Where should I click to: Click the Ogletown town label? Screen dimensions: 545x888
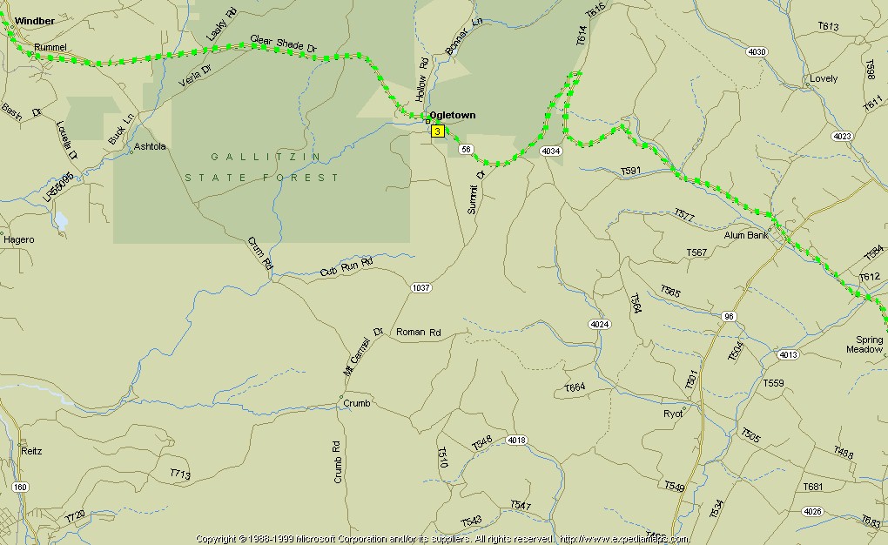click(452, 115)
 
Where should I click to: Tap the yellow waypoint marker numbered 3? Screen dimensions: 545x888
click(437, 131)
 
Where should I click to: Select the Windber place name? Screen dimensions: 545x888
click(34, 20)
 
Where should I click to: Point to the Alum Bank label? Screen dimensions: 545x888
click(746, 235)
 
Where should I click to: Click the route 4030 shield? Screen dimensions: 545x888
click(757, 52)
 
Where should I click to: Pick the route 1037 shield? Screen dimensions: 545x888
click(421, 287)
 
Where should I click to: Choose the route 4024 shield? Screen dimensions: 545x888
click(599, 325)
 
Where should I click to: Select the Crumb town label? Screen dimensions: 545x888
click(356, 403)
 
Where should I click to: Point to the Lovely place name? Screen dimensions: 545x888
click(824, 78)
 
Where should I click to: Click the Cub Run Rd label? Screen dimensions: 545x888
click(346, 266)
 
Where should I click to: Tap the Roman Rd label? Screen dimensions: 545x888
click(419, 333)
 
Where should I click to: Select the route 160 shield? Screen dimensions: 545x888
click(20, 487)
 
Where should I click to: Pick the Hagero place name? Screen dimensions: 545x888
click(19, 239)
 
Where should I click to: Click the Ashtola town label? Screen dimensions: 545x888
click(150, 147)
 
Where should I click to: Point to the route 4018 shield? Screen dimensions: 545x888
click(516, 440)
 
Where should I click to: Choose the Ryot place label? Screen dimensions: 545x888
click(673, 413)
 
